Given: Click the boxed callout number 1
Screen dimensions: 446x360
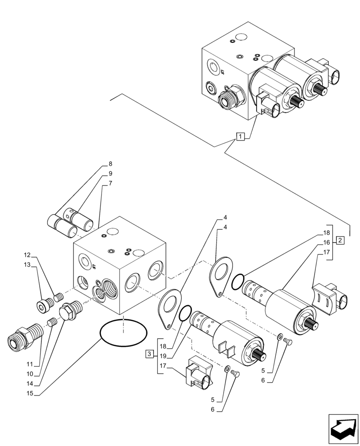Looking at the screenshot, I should (x=240, y=136).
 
